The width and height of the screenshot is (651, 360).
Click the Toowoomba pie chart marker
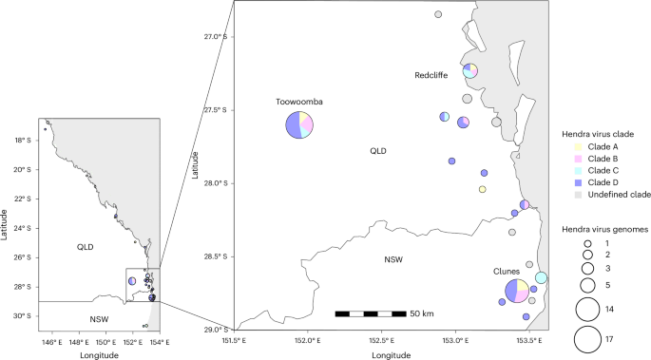pos(300,125)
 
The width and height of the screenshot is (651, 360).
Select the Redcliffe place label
pos(432,75)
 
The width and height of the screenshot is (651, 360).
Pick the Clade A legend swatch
pos(578,147)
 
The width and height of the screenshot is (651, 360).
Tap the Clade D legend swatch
pos(578,181)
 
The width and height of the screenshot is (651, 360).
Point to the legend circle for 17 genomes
pos(588,338)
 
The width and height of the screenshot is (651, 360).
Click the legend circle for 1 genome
pos(588,244)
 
